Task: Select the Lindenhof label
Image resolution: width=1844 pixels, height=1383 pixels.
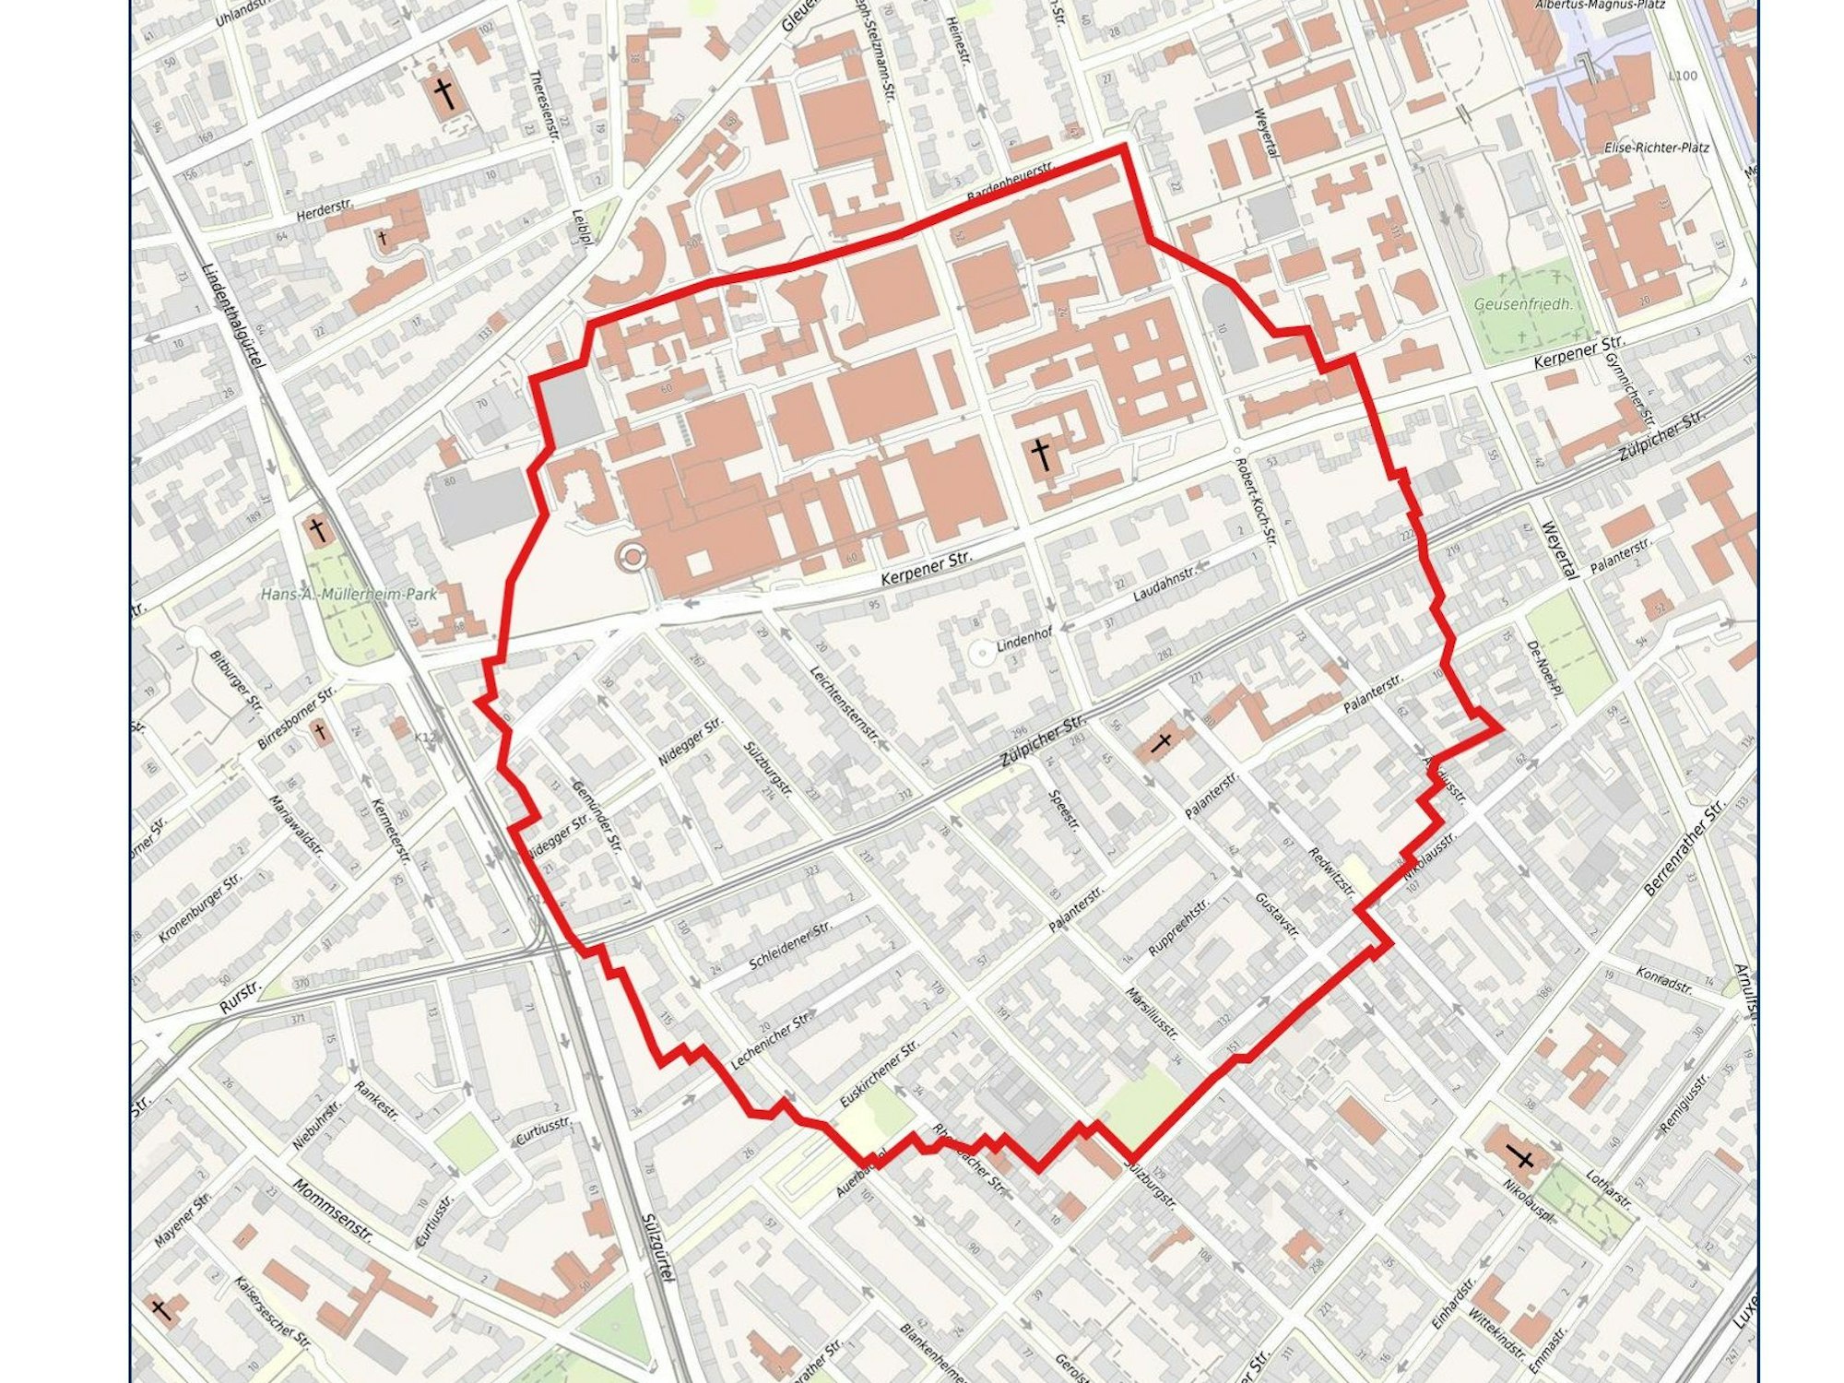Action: tap(1024, 644)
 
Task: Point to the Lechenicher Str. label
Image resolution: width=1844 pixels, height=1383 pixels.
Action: tap(769, 1040)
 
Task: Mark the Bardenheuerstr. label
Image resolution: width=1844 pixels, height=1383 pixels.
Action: tap(1010, 184)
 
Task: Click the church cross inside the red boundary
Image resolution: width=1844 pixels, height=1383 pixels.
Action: tap(1041, 455)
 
